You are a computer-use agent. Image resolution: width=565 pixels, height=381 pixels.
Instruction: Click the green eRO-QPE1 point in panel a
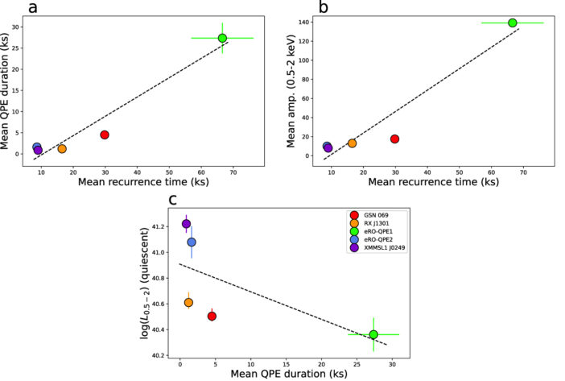222,38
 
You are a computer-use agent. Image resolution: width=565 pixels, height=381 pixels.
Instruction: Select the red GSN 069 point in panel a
105,135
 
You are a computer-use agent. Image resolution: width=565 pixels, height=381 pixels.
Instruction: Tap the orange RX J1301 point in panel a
62,148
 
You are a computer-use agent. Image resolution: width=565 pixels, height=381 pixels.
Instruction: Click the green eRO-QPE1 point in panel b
513,23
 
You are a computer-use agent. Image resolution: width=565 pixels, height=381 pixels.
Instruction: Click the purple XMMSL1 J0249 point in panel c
186,224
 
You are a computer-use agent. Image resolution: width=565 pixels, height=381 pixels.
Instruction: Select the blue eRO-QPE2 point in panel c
192,242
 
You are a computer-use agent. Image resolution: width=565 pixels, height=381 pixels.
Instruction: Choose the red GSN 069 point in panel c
212,316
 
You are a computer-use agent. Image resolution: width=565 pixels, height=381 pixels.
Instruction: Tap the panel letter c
171,198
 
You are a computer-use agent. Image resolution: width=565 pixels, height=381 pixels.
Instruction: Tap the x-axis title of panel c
283,375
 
